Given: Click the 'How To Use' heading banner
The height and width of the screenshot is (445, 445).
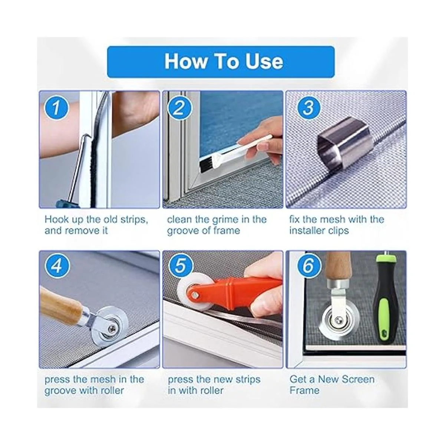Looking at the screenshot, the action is (x=221, y=62).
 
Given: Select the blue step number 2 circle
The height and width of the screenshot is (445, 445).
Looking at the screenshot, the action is (x=180, y=108).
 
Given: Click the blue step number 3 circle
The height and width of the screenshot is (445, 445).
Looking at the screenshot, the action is (x=308, y=108).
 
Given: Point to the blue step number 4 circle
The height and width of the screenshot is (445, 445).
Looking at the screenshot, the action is (x=57, y=267).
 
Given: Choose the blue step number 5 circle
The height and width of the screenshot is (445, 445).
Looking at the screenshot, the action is (x=181, y=267).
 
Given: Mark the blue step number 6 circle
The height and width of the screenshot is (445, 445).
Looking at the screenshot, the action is (x=309, y=267).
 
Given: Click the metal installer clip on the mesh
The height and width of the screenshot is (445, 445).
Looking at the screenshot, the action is (x=345, y=143).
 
